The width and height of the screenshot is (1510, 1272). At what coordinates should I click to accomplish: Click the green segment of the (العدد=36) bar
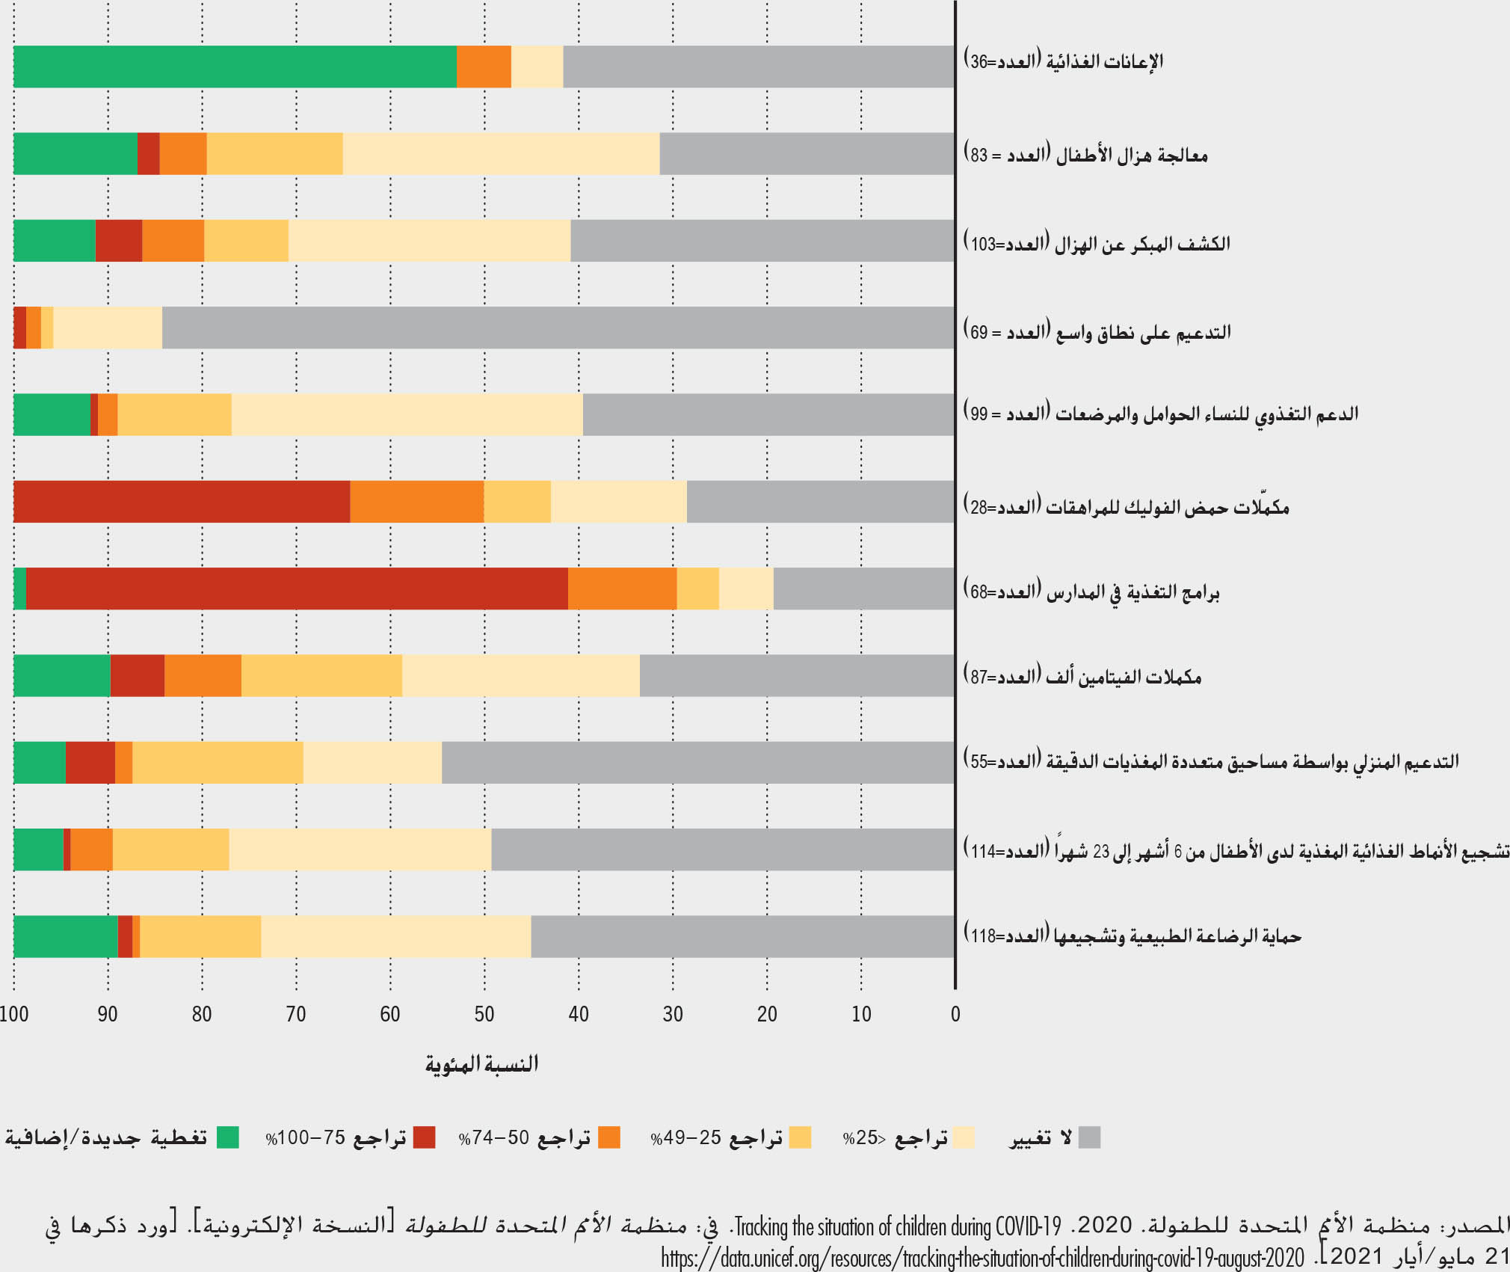235,67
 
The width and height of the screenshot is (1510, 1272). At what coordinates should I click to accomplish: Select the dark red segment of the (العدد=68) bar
297,589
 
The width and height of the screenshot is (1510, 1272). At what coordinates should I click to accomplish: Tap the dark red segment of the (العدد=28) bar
182,502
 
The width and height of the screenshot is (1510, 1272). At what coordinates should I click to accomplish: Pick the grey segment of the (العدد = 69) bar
558,328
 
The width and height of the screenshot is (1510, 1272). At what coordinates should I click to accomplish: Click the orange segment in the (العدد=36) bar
484,67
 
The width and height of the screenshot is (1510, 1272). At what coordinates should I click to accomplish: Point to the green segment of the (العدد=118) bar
66,936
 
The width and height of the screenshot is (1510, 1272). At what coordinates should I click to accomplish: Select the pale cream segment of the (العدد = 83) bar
501,154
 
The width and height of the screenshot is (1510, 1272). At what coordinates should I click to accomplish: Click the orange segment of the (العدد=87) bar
203,675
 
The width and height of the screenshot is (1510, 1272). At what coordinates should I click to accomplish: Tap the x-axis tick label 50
484,1015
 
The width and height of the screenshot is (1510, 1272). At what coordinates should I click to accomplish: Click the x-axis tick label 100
14,1015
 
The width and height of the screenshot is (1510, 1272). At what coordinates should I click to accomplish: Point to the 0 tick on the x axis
955,1015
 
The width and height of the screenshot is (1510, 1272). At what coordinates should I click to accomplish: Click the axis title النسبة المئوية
482,1064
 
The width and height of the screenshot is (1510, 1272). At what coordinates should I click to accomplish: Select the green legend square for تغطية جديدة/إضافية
228,1137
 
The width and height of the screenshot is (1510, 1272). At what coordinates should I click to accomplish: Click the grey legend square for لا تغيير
1089,1137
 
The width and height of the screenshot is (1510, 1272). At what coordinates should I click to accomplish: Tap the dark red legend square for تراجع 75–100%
424,1137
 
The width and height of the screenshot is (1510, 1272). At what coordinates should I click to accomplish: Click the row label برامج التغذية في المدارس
1091,593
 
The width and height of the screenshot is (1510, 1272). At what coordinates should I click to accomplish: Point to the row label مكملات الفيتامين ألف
1082,677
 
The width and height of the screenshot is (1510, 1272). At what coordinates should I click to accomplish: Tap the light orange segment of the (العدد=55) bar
218,763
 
